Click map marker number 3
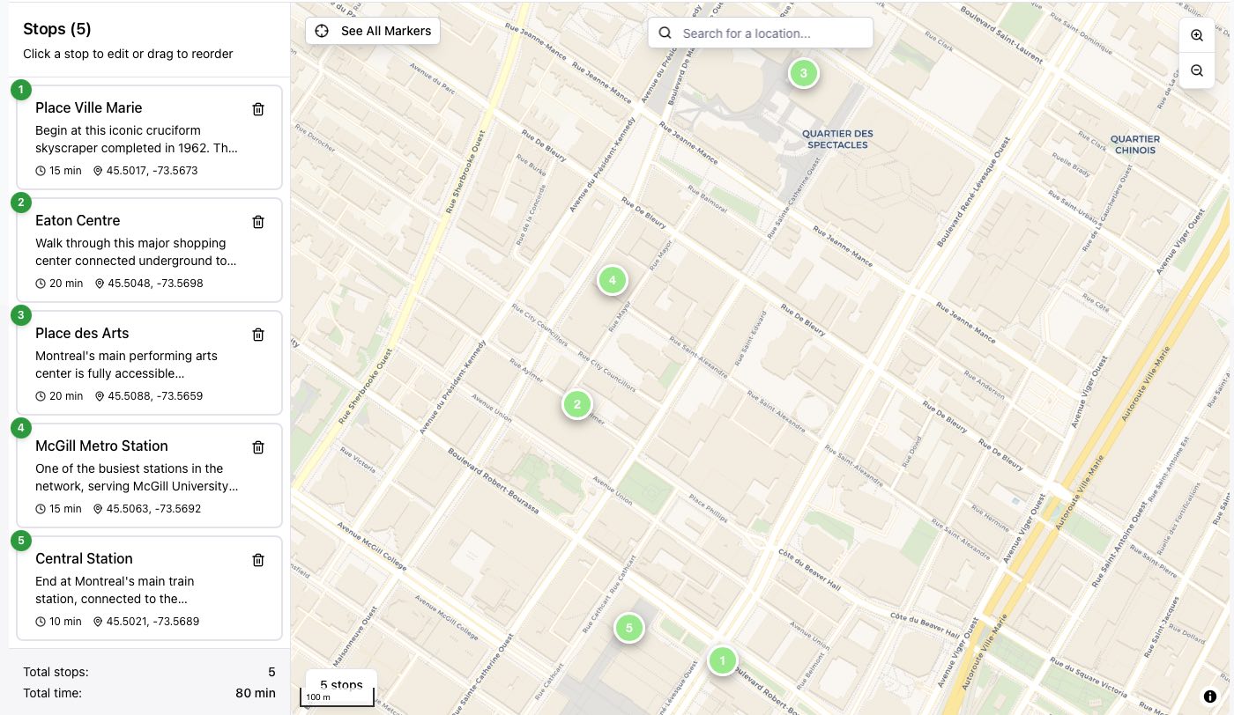point(803,73)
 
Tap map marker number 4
point(612,281)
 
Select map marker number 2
point(576,404)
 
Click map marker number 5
point(628,628)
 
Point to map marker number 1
point(722,660)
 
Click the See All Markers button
point(373,31)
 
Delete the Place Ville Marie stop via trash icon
point(258,109)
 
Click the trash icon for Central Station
point(258,560)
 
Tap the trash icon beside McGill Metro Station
point(258,447)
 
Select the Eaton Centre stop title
point(78,220)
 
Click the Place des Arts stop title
point(82,333)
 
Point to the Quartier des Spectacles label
point(837,139)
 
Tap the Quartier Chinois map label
point(1134,144)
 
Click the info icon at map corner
point(1209,697)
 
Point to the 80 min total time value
point(256,693)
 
